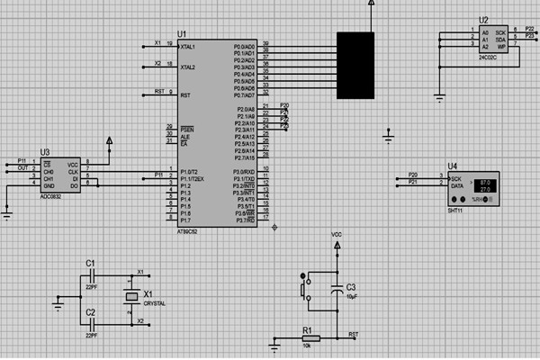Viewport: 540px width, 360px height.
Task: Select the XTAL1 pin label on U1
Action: (x=187, y=46)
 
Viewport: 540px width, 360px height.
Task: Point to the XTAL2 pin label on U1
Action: (x=187, y=67)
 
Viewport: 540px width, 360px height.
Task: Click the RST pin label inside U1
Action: (x=184, y=94)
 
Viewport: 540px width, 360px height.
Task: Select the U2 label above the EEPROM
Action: (x=484, y=19)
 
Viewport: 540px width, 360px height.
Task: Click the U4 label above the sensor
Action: (x=453, y=166)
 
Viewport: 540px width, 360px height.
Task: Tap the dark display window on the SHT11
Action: (x=485, y=184)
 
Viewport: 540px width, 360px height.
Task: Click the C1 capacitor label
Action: (x=90, y=262)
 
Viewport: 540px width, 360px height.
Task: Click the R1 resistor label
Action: (x=307, y=330)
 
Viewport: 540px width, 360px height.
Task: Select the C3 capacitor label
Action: (x=351, y=287)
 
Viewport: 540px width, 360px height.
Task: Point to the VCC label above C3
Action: (x=337, y=234)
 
